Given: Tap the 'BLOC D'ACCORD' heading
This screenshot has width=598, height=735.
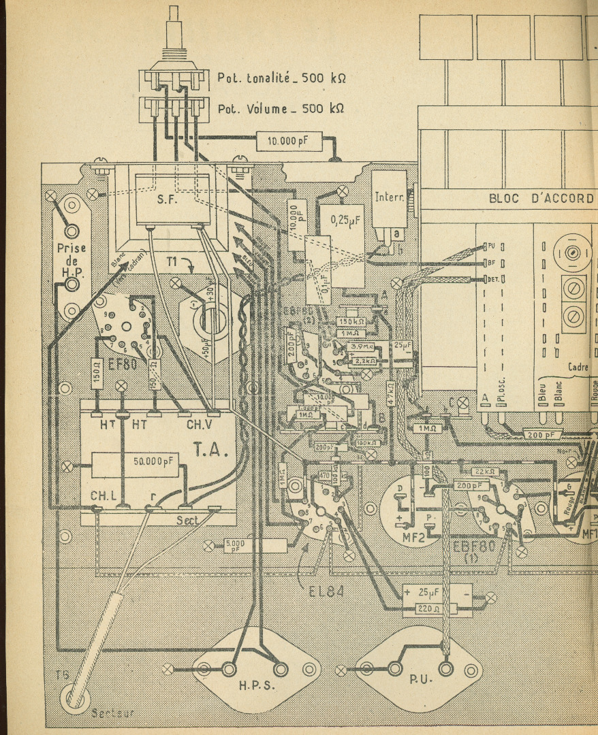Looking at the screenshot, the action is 541,198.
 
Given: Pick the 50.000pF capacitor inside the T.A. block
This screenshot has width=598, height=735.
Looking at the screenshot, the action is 157,462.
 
